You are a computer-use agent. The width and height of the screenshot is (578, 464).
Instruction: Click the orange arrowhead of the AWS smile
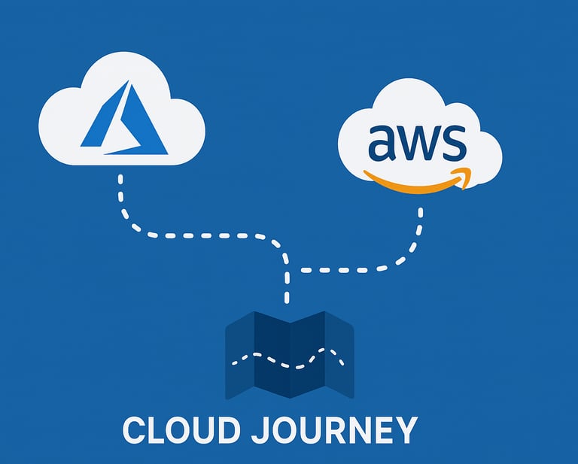464,177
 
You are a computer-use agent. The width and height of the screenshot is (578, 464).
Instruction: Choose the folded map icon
289,355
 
